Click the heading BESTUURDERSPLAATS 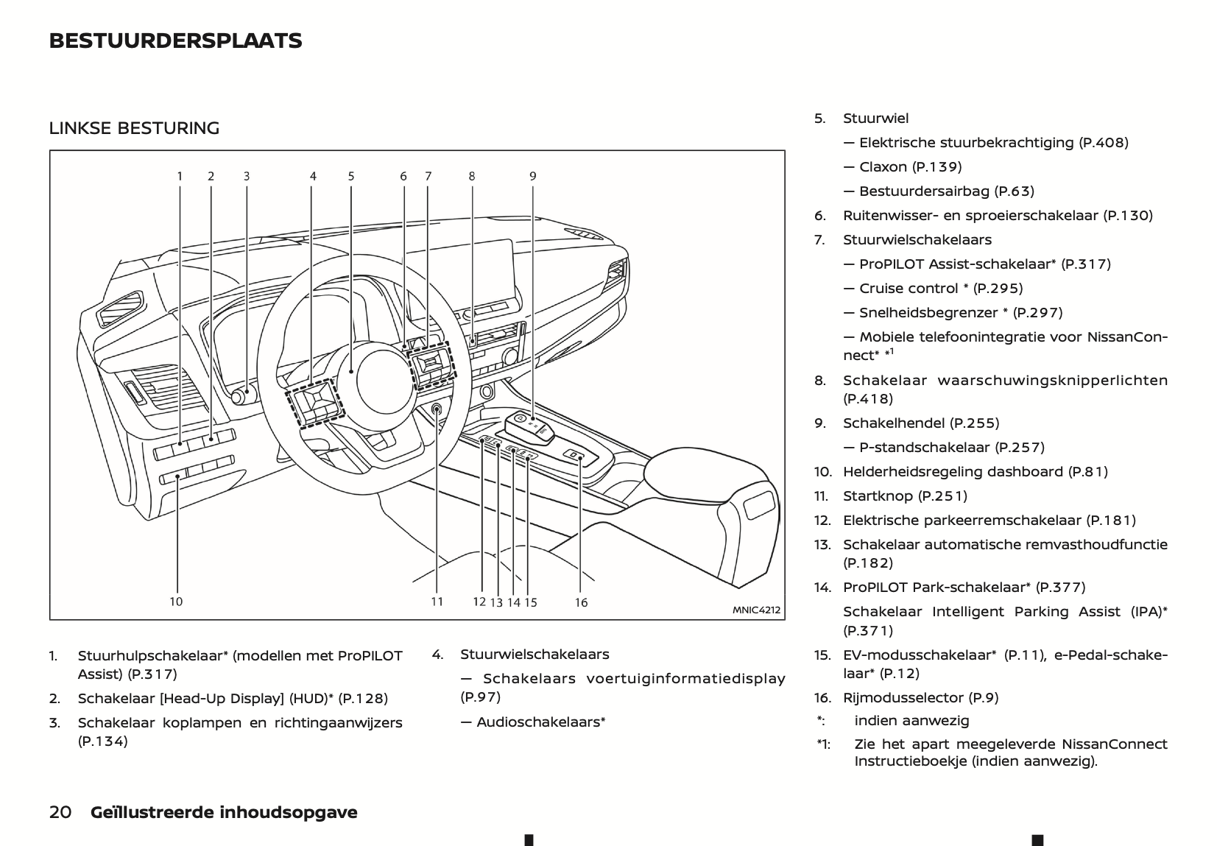tap(175, 41)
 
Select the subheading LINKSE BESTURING tap(134, 128)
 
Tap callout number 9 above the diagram tap(532, 176)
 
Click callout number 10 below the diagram tap(176, 602)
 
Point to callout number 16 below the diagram tap(581, 603)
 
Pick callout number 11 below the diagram tap(437, 602)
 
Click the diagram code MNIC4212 tap(755, 610)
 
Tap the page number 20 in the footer tap(60, 813)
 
